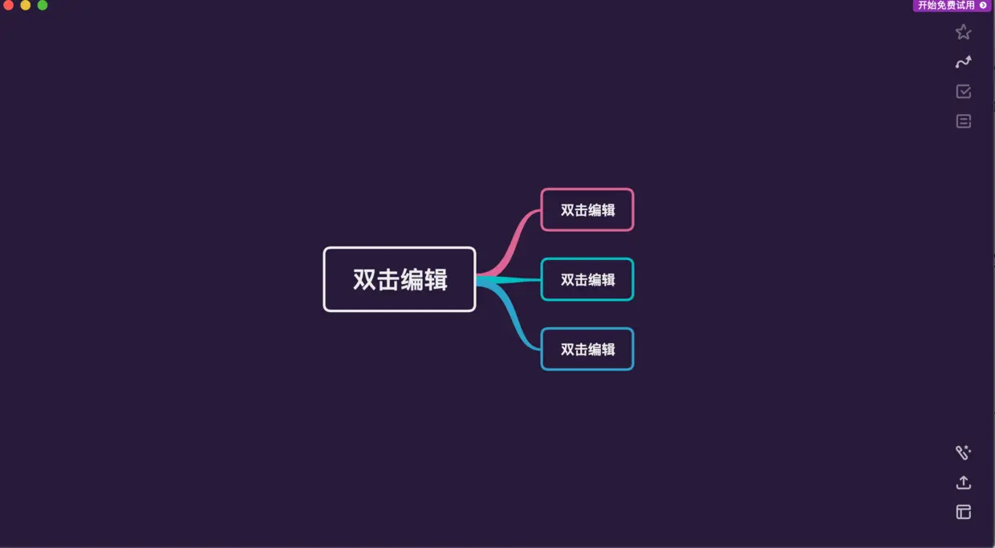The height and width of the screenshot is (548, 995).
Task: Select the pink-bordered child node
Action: click(587, 209)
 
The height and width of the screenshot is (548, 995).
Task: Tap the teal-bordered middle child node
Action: click(587, 279)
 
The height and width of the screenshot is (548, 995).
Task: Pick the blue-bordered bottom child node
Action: click(587, 349)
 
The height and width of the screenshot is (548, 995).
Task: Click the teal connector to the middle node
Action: click(514, 280)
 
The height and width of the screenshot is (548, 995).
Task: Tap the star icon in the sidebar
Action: click(964, 32)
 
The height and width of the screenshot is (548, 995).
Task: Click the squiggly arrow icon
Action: click(964, 62)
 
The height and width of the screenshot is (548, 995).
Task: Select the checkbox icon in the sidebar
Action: click(964, 91)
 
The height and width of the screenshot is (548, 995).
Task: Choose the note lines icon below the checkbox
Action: click(964, 121)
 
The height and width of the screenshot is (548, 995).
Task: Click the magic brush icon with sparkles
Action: click(964, 453)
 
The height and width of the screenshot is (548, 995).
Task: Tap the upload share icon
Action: click(964, 482)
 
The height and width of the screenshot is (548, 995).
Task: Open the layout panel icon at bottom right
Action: click(964, 512)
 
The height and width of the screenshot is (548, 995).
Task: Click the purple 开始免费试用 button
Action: click(947, 6)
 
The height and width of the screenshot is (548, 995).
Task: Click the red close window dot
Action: click(9, 5)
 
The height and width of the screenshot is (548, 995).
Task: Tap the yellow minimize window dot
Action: click(26, 5)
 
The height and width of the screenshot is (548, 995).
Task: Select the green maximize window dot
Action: click(43, 5)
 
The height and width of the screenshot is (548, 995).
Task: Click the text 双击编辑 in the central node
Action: click(400, 279)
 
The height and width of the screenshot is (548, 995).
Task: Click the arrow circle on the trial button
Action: click(984, 6)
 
